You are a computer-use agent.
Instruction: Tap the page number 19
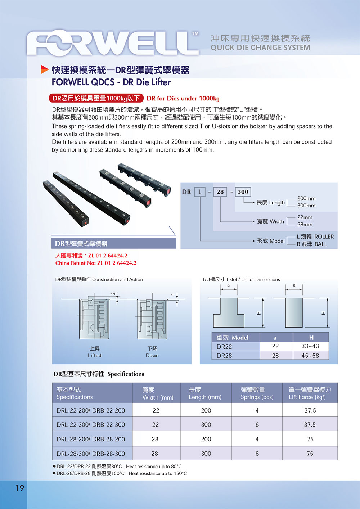[19, 488]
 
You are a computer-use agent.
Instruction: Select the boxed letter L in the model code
[199, 192]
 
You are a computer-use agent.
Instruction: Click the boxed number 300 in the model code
[243, 192]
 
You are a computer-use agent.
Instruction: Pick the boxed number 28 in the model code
[220, 192]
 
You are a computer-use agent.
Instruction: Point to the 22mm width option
[305, 217]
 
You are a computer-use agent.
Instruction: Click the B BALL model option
[312, 244]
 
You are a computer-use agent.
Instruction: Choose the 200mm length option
[306, 198]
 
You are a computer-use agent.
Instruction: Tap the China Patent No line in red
[96, 263]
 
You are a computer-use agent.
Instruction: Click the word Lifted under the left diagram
[95, 355]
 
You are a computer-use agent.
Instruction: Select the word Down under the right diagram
[152, 355]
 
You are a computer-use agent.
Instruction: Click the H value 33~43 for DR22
[310, 346]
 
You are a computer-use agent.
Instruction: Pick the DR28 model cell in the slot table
[224, 356]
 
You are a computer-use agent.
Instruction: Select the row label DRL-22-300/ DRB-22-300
[91, 425]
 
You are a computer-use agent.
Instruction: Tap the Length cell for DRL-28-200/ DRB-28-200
[206, 439]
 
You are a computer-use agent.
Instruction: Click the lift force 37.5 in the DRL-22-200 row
[310, 410]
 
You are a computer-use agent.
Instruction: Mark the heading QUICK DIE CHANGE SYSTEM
[260, 48]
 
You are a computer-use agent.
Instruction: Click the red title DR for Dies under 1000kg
[183, 98]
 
